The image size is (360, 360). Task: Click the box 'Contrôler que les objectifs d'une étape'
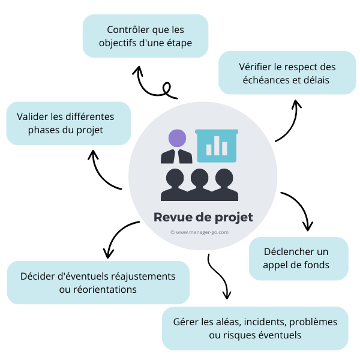145,36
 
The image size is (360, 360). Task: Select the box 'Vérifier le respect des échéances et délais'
287,73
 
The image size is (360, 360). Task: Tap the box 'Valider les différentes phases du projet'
68,123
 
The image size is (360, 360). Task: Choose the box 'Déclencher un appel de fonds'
298,258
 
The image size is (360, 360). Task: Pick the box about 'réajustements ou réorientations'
98,283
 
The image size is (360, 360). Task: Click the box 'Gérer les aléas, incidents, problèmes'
255,328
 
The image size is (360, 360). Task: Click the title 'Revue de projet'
203,217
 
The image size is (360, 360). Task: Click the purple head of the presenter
177,139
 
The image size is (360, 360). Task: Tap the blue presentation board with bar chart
217,145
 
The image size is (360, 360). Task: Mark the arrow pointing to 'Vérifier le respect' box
289,123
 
